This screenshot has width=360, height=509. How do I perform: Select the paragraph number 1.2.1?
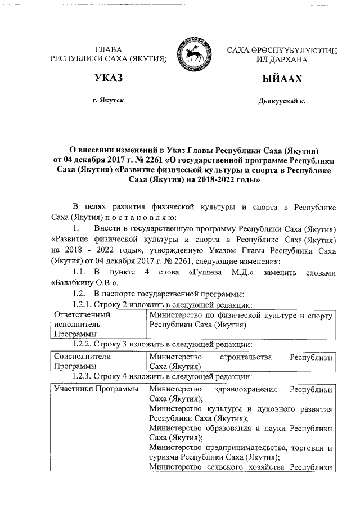click(78, 304)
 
